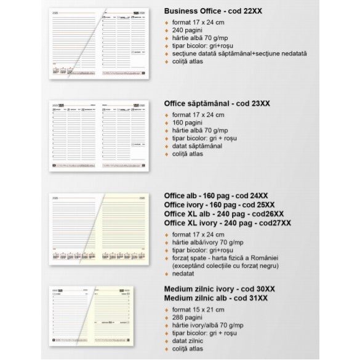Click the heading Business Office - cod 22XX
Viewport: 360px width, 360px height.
[x=218, y=11]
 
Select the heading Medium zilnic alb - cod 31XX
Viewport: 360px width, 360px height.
[x=215, y=298]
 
